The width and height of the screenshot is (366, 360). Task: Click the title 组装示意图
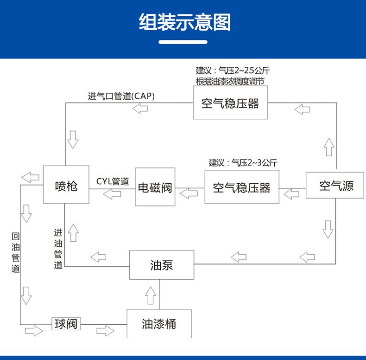[x=185, y=22]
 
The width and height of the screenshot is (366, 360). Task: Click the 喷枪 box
[x=66, y=185]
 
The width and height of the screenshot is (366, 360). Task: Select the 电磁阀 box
[x=155, y=187]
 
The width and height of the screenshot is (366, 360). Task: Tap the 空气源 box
[x=335, y=185]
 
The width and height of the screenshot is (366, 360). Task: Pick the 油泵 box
[x=162, y=265]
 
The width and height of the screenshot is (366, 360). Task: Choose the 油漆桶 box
[x=159, y=323]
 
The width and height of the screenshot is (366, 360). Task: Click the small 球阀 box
[x=66, y=324]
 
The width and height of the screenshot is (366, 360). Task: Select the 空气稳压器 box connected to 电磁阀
[x=242, y=187]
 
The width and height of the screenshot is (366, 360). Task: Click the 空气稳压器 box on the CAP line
[x=230, y=103]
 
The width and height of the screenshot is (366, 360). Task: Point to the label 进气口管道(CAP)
[x=121, y=96]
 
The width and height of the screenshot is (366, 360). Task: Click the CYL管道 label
[x=113, y=181]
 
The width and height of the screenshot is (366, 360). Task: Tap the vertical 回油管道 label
[x=16, y=253]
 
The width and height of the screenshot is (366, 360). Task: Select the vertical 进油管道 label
[x=58, y=249]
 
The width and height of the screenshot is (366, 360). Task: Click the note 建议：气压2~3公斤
[x=243, y=162]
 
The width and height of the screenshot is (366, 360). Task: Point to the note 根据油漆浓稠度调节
[x=230, y=81]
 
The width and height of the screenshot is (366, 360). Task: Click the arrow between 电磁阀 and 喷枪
[x=112, y=194]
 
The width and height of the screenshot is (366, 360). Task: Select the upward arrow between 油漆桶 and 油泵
[x=150, y=296]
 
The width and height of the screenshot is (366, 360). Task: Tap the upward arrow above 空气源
[x=329, y=147]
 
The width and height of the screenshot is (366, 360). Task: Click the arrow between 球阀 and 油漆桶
[x=106, y=331]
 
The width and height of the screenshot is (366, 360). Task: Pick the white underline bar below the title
[x=183, y=42]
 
